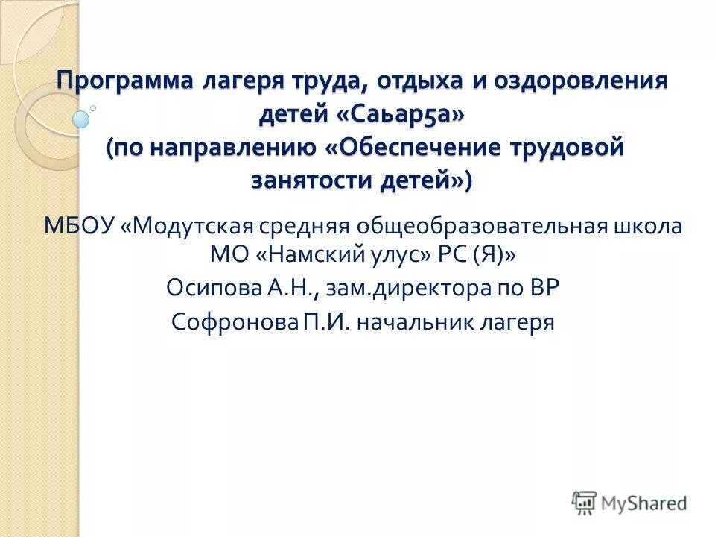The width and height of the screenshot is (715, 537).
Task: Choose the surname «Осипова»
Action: point(210,289)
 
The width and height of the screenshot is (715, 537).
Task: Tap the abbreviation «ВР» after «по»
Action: point(541,289)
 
